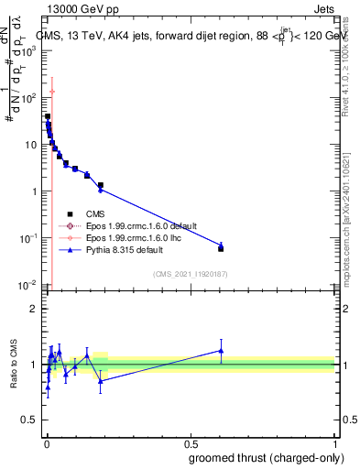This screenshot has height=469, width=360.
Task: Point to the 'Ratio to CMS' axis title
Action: tap(13, 365)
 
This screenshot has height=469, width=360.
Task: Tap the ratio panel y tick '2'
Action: tap(35, 309)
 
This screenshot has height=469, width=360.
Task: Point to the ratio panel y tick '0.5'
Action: tap(30, 420)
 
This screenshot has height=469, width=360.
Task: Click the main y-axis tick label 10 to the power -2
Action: tap(28, 285)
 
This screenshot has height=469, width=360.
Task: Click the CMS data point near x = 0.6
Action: tap(220, 248)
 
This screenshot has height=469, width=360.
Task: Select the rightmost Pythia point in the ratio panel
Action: tap(220, 350)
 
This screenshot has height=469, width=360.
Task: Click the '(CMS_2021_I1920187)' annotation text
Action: tap(190, 272)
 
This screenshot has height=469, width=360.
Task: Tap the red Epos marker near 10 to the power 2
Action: tap(52, 91)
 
